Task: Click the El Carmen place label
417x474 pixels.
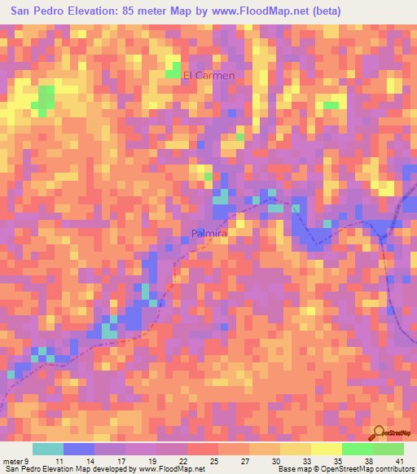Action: [208, 76]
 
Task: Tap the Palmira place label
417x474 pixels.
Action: [208, 233]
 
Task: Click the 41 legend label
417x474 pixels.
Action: [400, 461]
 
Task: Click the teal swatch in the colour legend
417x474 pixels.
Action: [48, 449]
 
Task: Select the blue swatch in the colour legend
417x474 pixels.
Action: [79, 449]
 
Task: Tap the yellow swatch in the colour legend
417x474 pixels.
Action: [326, 449]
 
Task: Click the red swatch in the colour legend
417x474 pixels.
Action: [202, 449]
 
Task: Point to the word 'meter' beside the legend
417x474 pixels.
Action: [14, 461]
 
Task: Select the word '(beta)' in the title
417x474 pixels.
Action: [324, 11]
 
